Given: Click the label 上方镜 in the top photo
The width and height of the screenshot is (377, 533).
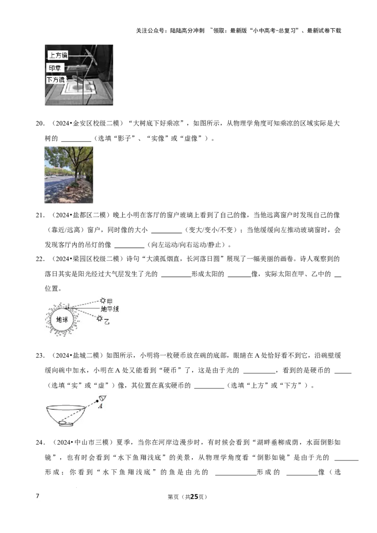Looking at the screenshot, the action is (x=58, y=56).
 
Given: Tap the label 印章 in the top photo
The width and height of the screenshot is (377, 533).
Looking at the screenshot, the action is (x=55, y=68).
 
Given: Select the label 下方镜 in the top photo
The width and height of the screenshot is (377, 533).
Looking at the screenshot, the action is (x=56, y=80).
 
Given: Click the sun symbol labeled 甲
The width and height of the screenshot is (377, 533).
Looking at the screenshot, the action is (x=103, y=300).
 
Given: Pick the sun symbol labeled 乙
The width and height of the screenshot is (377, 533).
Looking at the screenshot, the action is (x=99, y=318).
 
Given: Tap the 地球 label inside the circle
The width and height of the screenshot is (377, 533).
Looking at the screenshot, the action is (x=62, y=320).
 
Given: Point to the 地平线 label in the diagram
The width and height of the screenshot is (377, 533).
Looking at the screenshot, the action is (x=109, y=309).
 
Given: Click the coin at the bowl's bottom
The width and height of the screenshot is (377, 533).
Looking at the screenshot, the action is (x=66, y=423).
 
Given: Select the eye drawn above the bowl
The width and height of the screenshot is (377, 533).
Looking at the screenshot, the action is (x=102, y=399).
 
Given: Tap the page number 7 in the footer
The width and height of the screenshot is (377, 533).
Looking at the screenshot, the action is (x=37, y=496).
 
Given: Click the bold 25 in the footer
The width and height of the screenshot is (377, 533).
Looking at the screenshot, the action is (x=194, y=497).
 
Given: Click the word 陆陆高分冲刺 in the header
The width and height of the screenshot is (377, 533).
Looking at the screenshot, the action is (x=188, y=31).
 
